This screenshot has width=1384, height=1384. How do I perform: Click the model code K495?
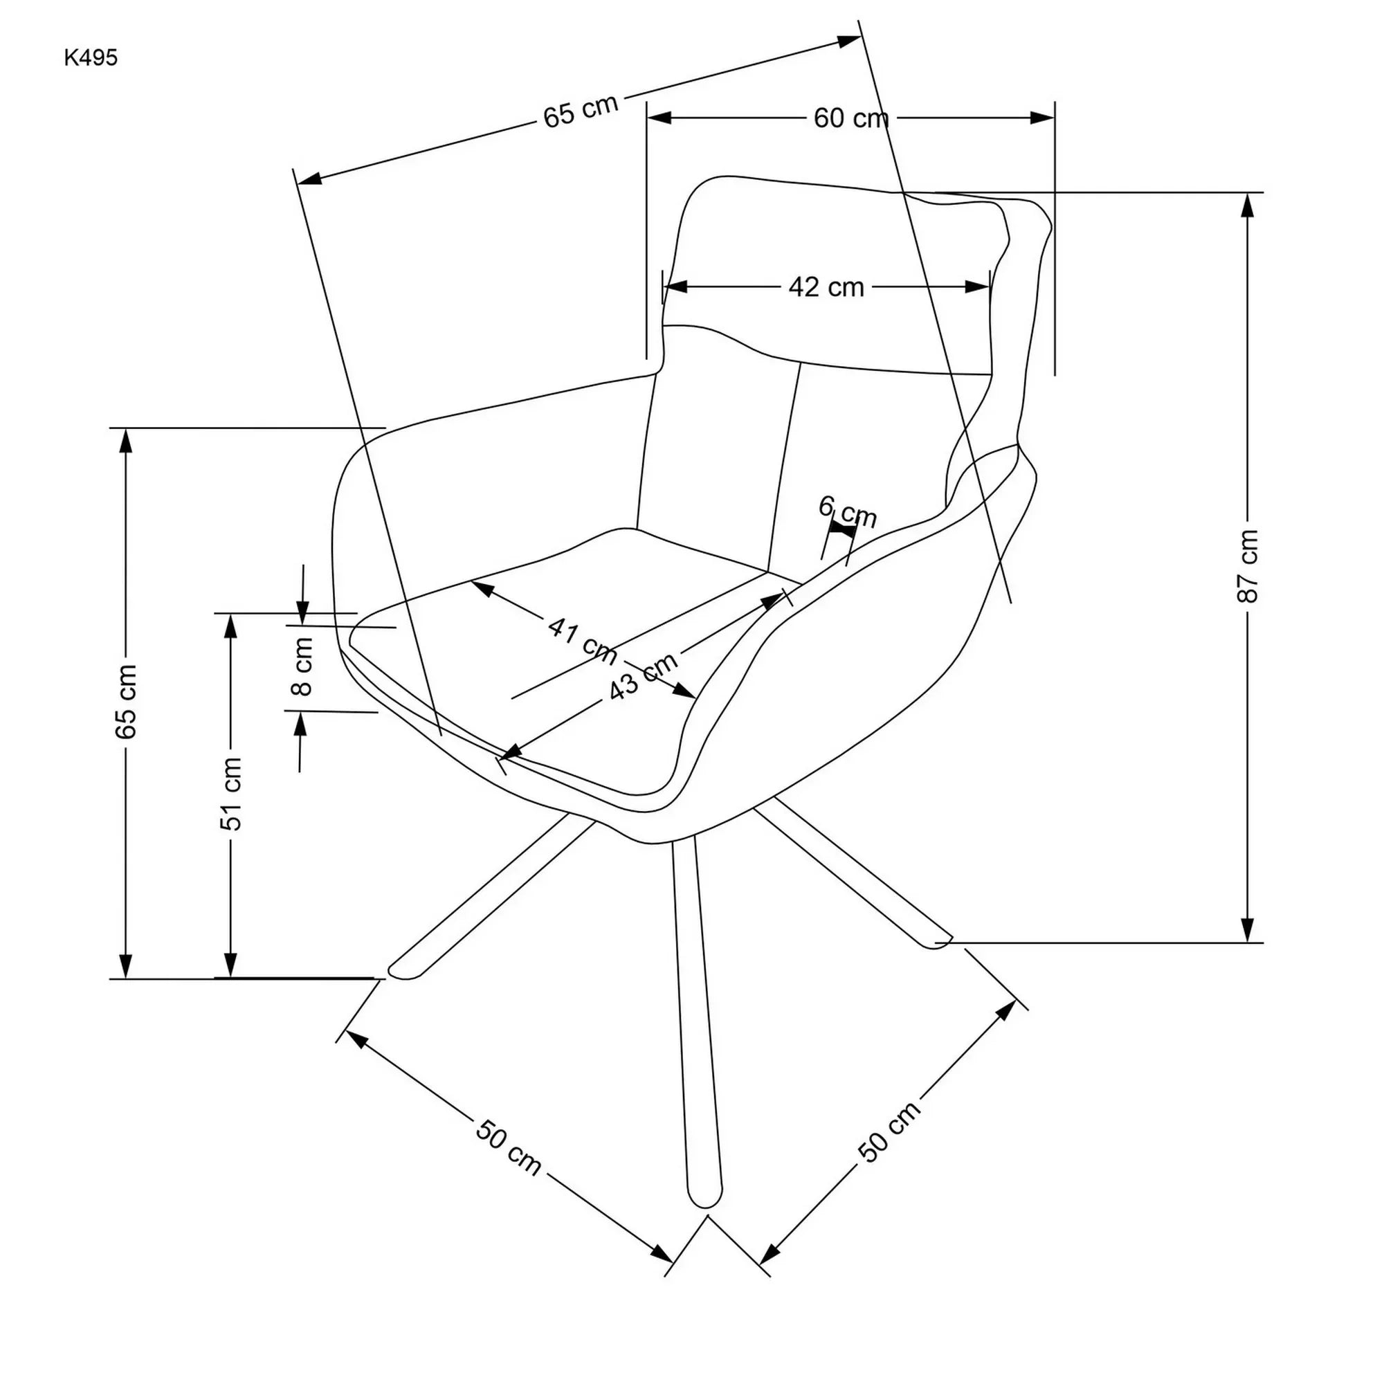[x=91, y=58]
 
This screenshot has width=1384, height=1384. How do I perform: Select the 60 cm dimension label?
[x=850, y=118]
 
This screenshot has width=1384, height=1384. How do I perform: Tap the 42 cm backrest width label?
[x=826, y=287]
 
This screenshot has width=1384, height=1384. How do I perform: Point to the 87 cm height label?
[x=1247, y=566]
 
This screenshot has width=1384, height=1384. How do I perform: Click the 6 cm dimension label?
[x=848, y=511]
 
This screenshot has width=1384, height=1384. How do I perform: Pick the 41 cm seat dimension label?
[x=582, y=639]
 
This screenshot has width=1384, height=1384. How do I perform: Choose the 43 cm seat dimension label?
[x=643, y=676]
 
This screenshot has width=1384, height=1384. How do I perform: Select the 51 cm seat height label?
[x=230, y=794]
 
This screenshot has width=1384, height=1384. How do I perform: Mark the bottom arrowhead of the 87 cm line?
[x=1247, y=931]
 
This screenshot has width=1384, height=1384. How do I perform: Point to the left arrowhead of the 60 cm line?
[x=659, y=118]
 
